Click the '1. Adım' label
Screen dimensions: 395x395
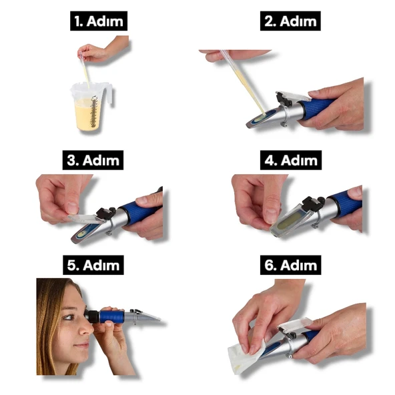click(99, 21)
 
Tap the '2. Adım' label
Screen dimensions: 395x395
click(290, 21)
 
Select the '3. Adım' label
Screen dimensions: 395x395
click(93, 160)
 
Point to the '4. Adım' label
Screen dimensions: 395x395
click(291, 160)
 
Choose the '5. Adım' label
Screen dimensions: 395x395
click(93, 265)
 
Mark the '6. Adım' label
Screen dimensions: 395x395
click(290, 265)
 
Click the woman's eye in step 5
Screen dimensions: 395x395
click(69, 317)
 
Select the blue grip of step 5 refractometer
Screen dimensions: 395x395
click(111, 316)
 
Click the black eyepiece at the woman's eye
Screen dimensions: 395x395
click(92, 316)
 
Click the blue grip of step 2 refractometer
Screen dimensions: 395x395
click(318, 108)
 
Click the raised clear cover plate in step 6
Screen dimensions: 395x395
click(295, 324)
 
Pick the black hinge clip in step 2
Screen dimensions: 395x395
click(284, 100)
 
